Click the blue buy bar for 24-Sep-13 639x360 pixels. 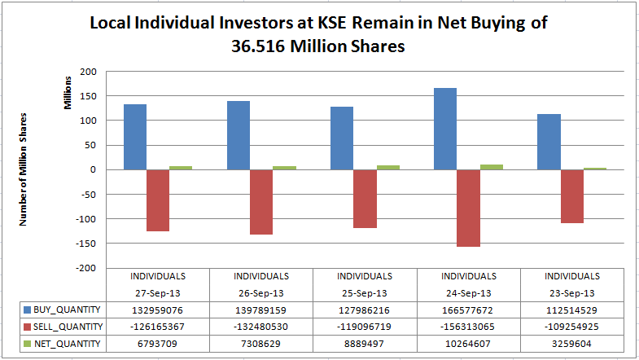[445, 129]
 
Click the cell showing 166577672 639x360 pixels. [468, 310]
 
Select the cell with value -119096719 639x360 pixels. [365, 327]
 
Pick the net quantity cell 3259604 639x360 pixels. [571, 344]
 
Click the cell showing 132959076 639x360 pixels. [158, 310]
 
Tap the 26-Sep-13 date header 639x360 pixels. [261, 292]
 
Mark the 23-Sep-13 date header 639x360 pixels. [571, 292]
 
